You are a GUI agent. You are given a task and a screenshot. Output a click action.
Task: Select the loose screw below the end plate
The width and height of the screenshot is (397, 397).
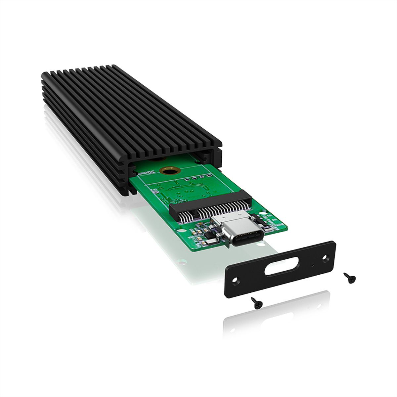256,302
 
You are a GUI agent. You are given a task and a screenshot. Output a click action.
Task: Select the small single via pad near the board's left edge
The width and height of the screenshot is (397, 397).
154,191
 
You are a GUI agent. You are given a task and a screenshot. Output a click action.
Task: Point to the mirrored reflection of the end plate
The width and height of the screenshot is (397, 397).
281,309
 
